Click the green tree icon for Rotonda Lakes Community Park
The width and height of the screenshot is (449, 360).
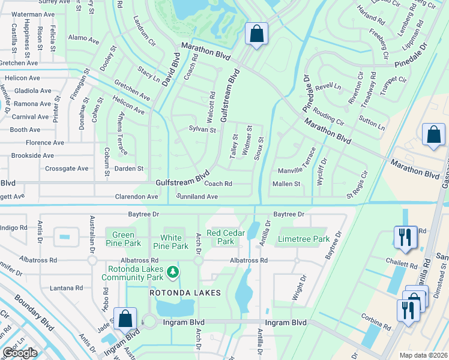pos(173,272)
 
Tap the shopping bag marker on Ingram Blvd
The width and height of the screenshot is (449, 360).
pos(126,318)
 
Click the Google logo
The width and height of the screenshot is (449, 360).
pos(20,353)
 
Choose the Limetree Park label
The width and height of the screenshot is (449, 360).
pos(304,239)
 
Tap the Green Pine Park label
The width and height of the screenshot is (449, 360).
pos(124,238)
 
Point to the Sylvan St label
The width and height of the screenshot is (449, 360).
pos(202,129)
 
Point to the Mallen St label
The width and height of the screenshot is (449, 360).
pos(286,184)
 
